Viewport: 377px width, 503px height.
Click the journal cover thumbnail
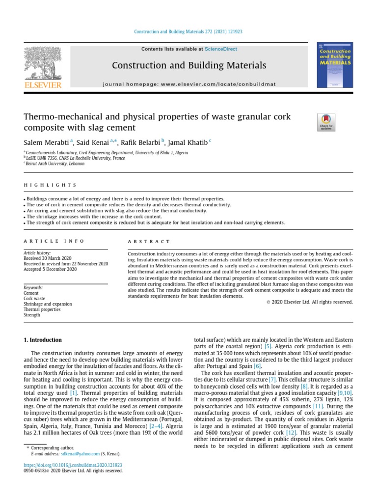pyautogui.click(x=334, y=64)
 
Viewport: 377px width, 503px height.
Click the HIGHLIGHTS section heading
pyautogui.click(x=50, y=185)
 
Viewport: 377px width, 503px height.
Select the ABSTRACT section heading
pyautogui.click(x=149, y=242)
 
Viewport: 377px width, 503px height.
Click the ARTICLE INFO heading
pyautogui.click(x=54, y=242)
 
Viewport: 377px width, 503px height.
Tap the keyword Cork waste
pyautogui.click(x=35, y=299)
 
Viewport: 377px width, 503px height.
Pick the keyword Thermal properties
pyautogui.click(x=42, y=309)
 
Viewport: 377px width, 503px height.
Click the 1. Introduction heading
pyautogui.click(x=43, y=340)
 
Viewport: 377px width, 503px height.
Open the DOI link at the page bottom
pyautogui.click(x=73, y=465)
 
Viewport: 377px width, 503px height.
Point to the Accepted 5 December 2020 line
pyautogui.click(x=51, y=269)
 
